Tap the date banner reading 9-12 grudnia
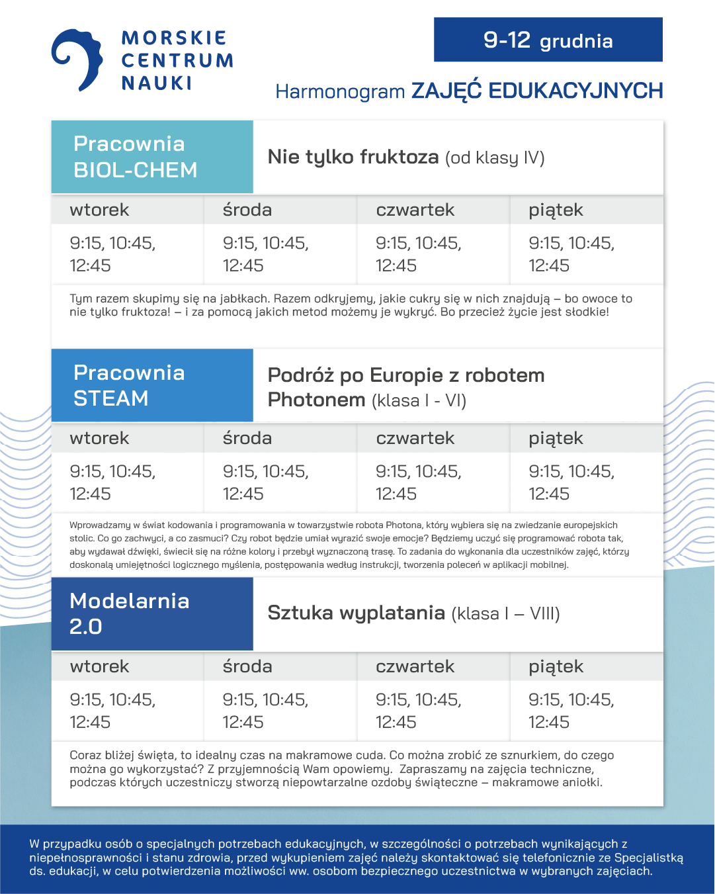[548, 40]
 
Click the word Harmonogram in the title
[340, 91]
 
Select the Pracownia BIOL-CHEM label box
[152, 157]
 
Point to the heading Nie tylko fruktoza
[353, 157]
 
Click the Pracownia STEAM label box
[152, 385]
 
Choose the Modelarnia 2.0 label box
[152, 613]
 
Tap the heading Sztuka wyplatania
[356, 613]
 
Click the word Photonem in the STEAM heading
[316, 400]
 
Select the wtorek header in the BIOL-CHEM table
[99, 210]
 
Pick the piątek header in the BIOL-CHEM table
[556, 210]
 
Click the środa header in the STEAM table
[247, 438]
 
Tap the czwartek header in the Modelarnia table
[415, 666]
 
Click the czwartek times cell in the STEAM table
[418, 482]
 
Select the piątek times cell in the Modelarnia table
[571, 711]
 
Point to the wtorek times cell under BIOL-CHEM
[112, 254]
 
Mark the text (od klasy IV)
[495, 158]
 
